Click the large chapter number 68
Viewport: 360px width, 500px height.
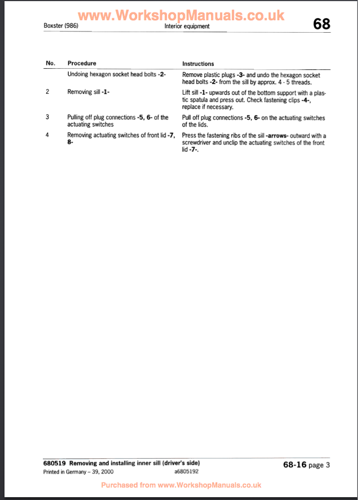[x=321, y=25]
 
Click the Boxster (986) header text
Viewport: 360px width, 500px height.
[x=60, y=26]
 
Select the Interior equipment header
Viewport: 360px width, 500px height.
[x=187, y=26]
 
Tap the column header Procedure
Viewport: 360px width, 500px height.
[x=82, y=63]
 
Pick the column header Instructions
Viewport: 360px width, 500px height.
[x=198, y=64]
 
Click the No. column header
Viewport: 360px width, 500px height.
[x=50, y=63]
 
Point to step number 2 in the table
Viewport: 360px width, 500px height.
[x=47, y=91]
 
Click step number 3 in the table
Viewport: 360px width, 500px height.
[x=47, y=117]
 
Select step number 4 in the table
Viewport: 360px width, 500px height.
[x=47, y=135]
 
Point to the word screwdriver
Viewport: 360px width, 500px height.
[x=196, y=143]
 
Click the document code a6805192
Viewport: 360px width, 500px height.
[x=186, y=471]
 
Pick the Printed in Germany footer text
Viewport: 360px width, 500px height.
[x=71, y=471]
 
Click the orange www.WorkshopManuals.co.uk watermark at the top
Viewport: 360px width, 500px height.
[x=181, y=16]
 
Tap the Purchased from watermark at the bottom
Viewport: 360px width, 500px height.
[x=181, y=485]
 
